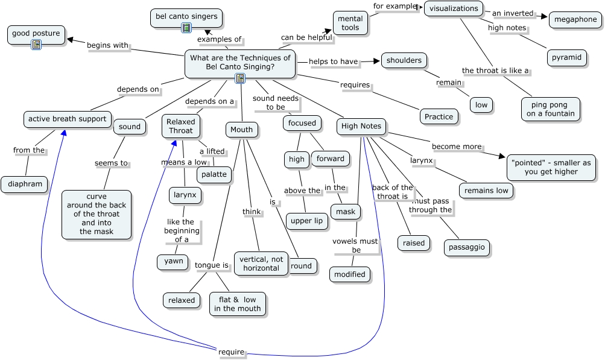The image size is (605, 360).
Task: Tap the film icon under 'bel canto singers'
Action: coord(186,27)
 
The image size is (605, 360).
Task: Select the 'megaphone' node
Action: coord(575,19)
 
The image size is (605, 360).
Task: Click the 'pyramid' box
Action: coord(566,57)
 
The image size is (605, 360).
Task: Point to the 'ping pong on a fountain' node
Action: coord(551,109)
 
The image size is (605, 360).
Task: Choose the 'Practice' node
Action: coord(439,116)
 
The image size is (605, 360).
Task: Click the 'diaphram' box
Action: coord(25,184)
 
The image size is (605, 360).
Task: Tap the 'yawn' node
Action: coord(173,261)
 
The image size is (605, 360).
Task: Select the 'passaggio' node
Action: coord(466,247)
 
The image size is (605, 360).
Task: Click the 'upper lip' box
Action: coord(306,221)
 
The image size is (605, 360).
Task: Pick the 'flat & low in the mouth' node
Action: coord(238,304)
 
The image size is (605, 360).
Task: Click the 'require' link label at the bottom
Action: coord(231,352)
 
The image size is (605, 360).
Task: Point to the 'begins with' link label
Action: coord(107,45)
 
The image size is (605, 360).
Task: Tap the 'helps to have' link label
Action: coord(334,62)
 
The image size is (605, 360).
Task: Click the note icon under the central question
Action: coord(240,78)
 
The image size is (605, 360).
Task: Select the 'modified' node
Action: coord(350,274)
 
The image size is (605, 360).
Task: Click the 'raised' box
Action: coord(414,243)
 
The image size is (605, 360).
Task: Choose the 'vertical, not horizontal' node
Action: coord(261,264)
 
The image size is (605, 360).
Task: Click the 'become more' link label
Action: coord(457,147)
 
